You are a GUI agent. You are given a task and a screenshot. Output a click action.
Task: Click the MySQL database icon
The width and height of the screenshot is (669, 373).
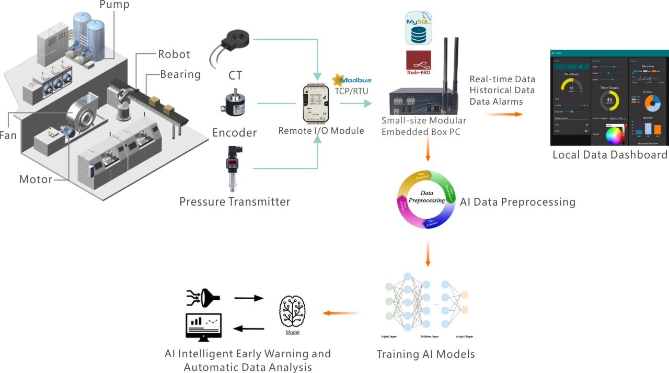click(x=418, y=28)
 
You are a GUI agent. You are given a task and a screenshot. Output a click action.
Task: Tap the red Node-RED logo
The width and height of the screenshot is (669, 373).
click(x=418, y=62)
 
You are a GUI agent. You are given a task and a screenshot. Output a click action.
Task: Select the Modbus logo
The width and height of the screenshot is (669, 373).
click(x=352, y=81)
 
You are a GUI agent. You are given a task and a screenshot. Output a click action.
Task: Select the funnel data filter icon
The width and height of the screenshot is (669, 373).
click(x=203, y=298)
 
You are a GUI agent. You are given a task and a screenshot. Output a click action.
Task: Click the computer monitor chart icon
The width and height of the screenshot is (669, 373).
click(x=203, y=327)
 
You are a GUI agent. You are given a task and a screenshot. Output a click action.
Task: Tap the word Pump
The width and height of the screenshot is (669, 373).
click(x=114, y=5)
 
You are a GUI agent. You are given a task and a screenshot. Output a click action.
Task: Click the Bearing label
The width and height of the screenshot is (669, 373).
click(x=180, y=74)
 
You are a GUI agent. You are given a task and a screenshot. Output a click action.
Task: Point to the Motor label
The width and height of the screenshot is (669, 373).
click(x=36, y=179)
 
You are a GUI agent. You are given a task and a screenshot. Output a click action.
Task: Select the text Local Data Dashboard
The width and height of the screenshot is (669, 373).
click(x=610, y=155)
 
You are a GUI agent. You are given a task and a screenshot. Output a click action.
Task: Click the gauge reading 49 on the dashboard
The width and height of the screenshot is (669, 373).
click(x=609, y=100)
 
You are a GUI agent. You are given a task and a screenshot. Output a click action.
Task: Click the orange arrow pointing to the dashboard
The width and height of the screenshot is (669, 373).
click(x=503, y=113)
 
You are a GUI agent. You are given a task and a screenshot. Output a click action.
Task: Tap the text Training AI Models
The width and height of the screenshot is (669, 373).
click(x=425, y=354)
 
